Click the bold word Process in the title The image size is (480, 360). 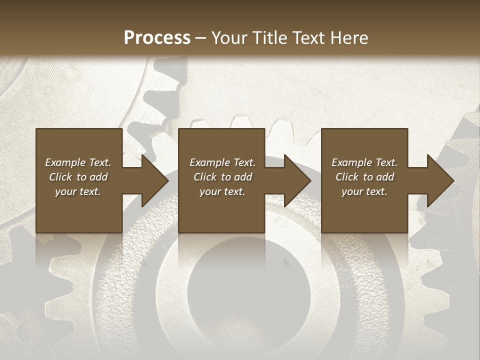coord(157,38)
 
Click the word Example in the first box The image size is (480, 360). coord(66,162)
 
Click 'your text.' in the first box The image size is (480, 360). coord(78,191)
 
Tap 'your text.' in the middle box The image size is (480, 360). coord(222,191)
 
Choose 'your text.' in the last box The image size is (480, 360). coord(364,191)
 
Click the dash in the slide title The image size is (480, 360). coord(200,38)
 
